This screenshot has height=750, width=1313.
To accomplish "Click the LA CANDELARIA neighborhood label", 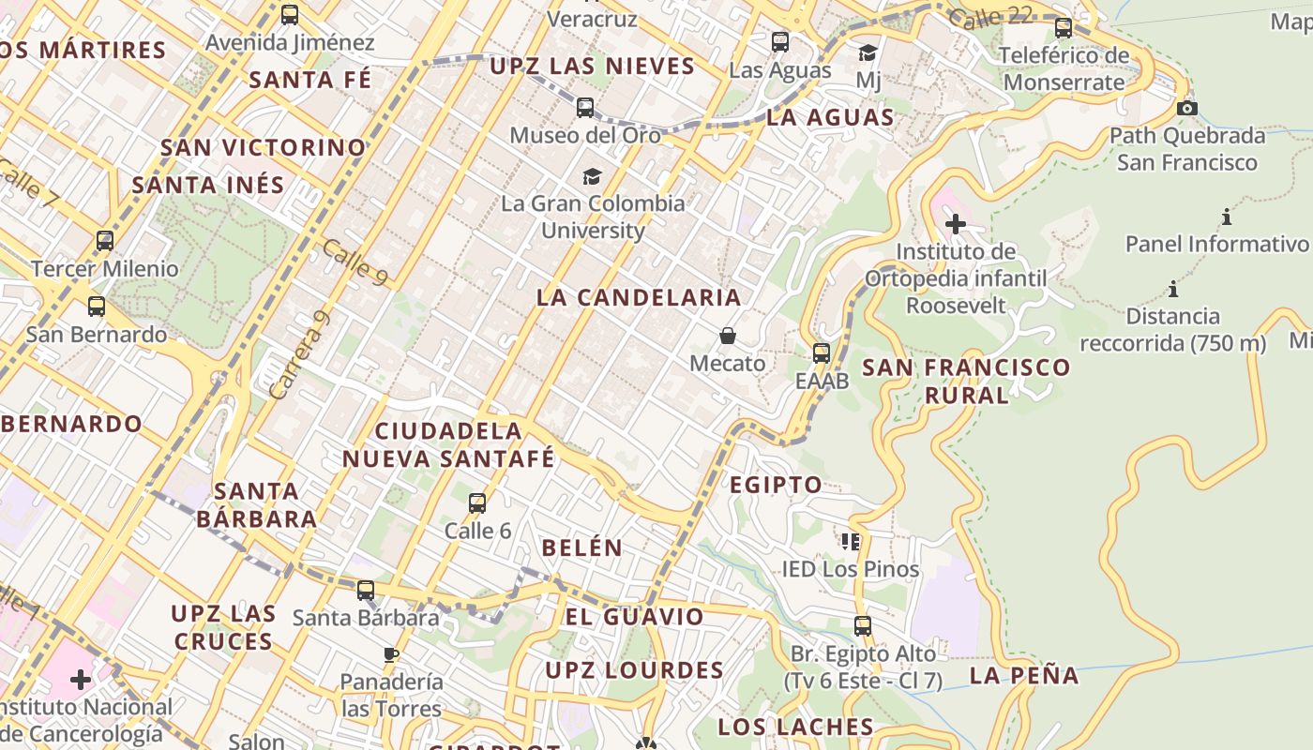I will tap(639, 298).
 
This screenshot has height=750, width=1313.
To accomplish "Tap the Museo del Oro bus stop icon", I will tap(585, 108).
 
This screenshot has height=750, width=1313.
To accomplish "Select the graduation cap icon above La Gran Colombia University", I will tap(592, 176).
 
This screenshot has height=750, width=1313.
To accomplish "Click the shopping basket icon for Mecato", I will tap(728, 336).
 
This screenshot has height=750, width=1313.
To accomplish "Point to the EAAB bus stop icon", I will tap(822, 353).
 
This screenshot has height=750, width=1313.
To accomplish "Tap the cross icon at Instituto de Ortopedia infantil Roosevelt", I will tap(955, 224).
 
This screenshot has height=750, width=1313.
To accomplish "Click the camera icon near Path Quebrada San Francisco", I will tap(1187, 108).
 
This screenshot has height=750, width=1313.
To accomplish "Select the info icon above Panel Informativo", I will tap(1227, 217).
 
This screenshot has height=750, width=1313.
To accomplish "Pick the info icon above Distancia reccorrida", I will tap(1172, 289).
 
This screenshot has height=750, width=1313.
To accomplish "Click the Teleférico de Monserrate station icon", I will tap(1064, 28).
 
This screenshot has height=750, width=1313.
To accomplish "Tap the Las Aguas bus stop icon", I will tap(780, 42).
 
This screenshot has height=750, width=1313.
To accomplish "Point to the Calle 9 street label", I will tap(355, 262).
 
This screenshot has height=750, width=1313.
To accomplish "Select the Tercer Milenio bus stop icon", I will tap(105, 241).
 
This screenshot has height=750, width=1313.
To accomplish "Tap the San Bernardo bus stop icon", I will tap(97, 307).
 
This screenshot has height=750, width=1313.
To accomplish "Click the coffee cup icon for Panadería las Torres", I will tap(391, 653).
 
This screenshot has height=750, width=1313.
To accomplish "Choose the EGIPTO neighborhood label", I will tap(776, 485).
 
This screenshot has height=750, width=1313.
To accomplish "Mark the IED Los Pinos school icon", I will tap(851, 541).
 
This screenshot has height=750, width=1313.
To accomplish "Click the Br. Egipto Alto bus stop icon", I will tap(863, 625).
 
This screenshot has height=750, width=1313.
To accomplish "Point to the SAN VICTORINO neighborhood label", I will tap(263, 147).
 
